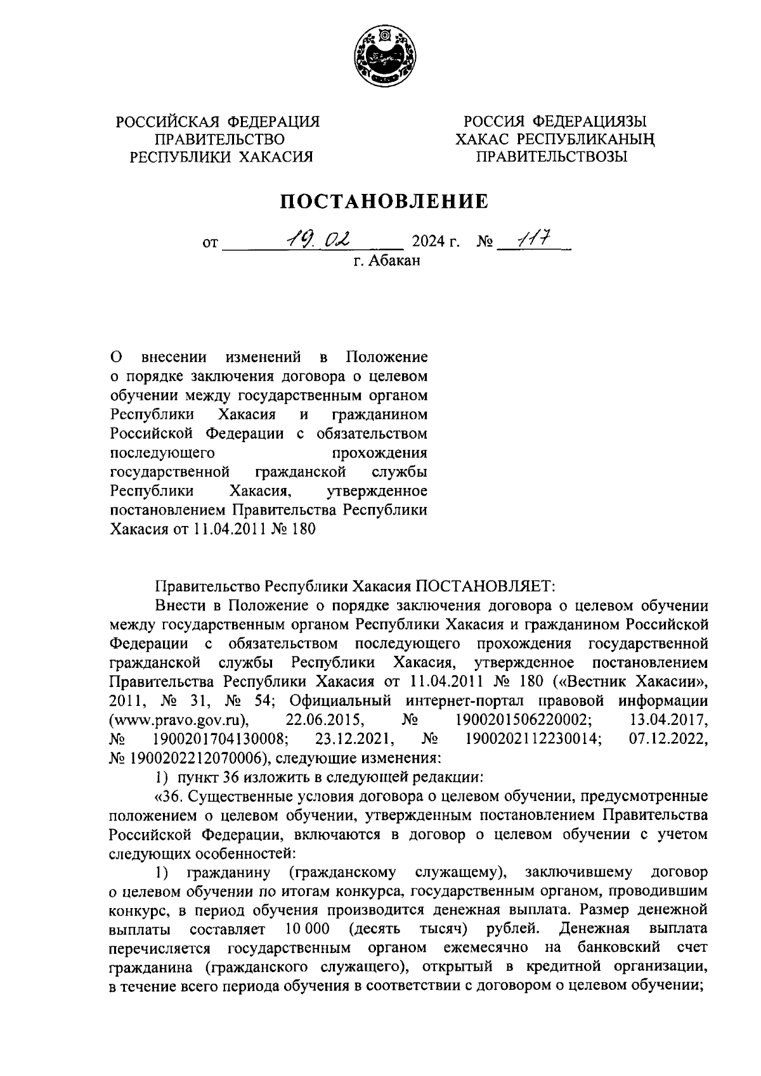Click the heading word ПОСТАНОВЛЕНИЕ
pyautogui.click(x=385, y=202)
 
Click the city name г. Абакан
pyautogui.click(x=387, y=260)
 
